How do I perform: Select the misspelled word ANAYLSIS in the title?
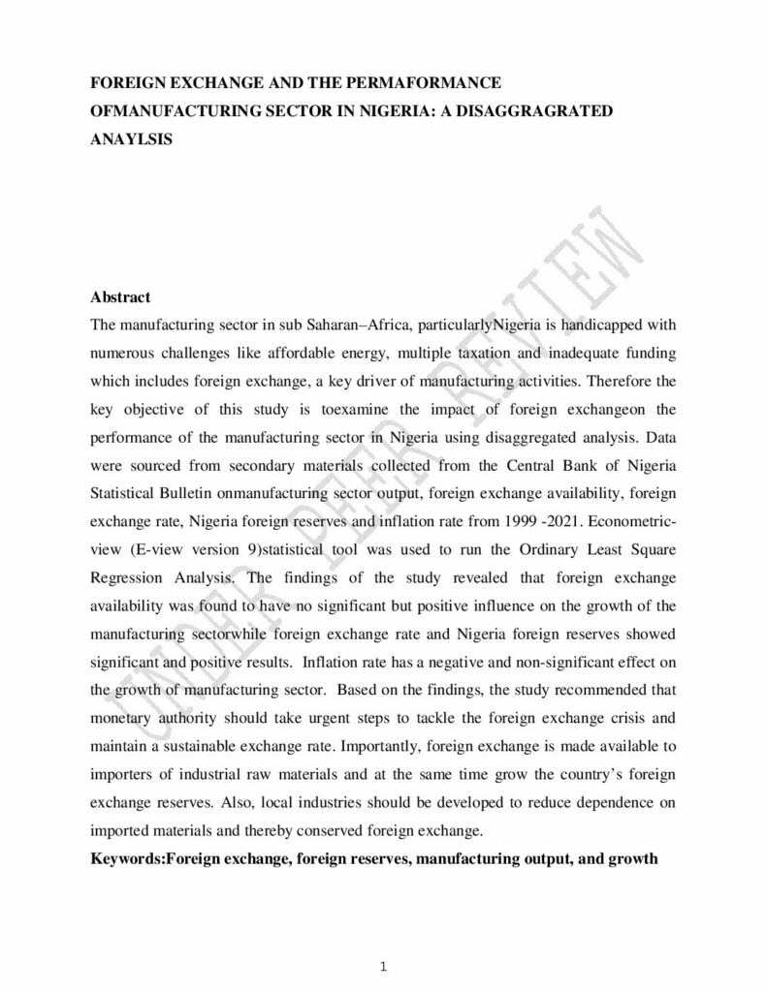[x=131, y=139]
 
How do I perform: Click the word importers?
[x=120, y=776]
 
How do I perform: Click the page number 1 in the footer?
[x=383, y=965]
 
